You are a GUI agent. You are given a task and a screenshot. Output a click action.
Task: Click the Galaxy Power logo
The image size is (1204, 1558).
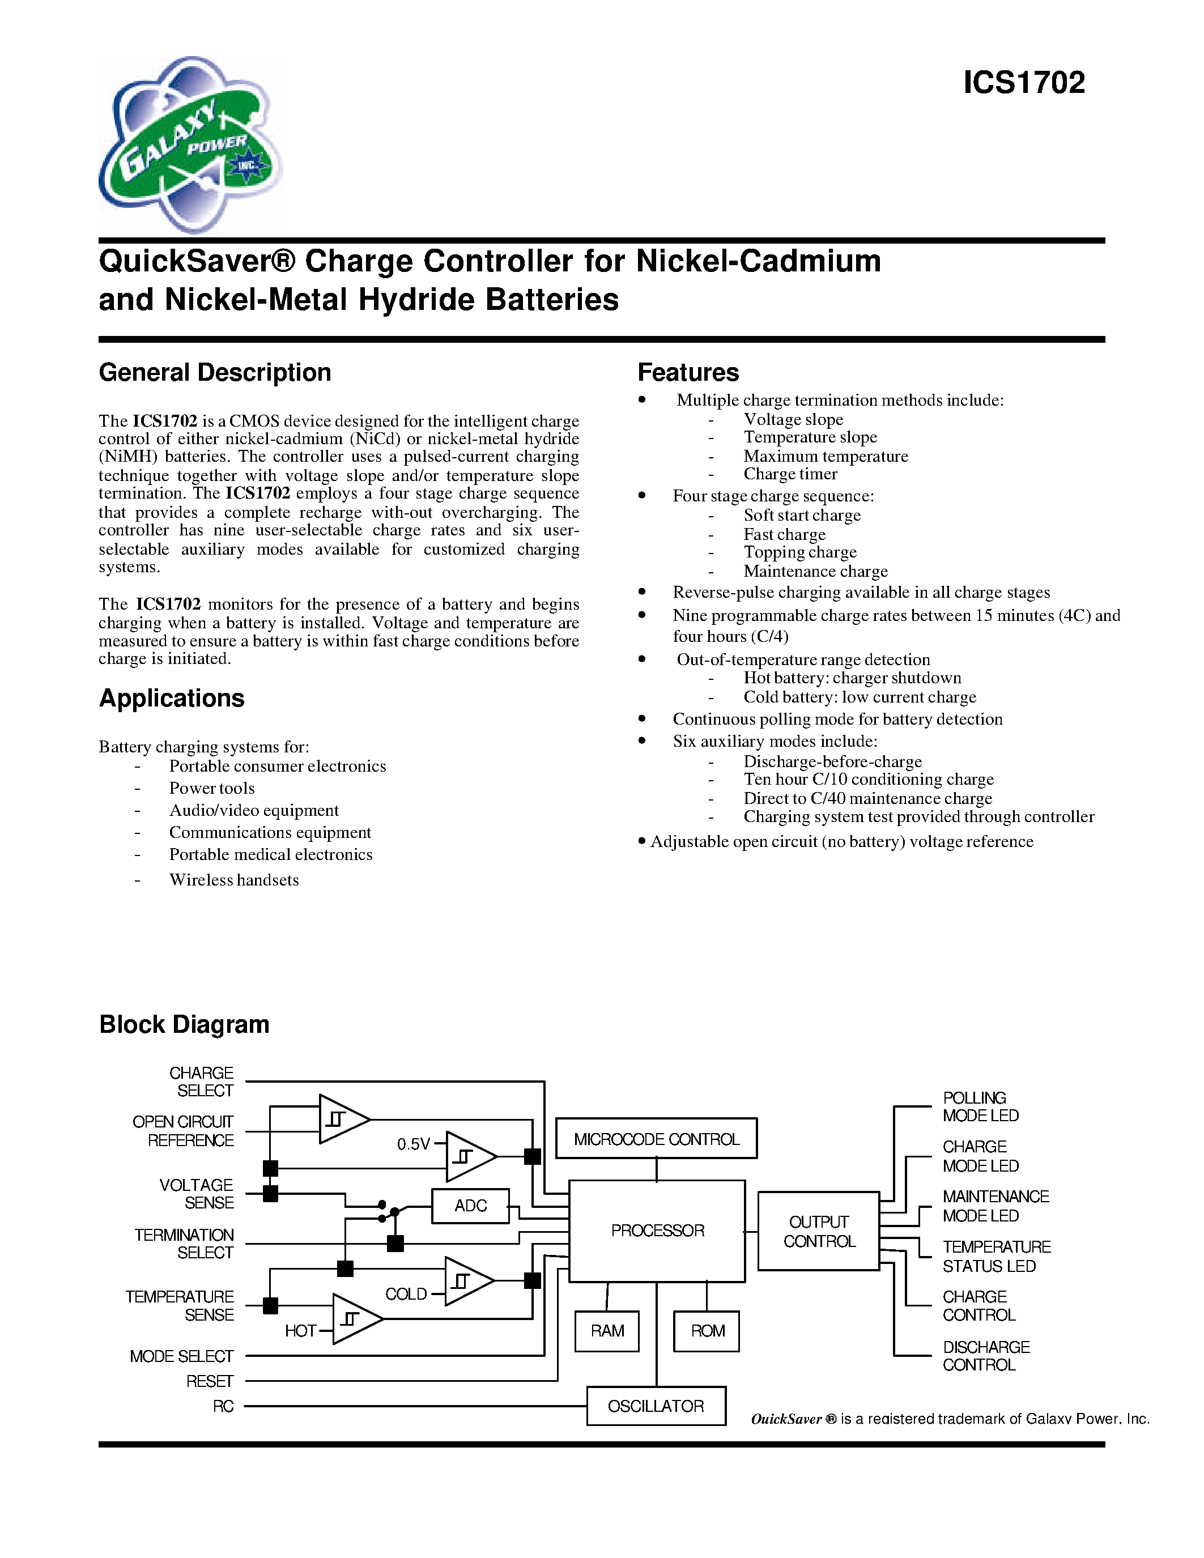(190, 145)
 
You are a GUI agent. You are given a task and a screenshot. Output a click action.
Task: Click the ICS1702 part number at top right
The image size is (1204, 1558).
(1024, 83)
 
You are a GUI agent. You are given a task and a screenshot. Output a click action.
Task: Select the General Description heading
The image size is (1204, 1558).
(215, 372)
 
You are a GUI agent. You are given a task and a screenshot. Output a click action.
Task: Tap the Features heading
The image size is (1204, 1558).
(688, 372)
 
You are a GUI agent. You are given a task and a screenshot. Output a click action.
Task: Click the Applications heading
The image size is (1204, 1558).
(171, 697)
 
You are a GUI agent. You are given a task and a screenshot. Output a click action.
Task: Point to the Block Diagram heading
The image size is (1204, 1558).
(184, 1024)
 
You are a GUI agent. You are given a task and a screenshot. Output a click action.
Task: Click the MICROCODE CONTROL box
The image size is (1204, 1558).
(656, 1139)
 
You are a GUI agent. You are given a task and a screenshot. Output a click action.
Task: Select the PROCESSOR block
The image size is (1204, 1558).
(657, 1231)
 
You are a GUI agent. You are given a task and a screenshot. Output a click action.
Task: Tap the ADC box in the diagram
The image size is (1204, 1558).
(470, 1206)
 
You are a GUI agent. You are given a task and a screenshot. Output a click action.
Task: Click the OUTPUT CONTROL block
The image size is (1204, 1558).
(818, 1231)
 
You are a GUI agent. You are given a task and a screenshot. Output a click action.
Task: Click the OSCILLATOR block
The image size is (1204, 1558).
(656, 1406)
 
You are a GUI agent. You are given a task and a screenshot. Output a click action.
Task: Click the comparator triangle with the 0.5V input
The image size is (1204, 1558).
(468, 1156)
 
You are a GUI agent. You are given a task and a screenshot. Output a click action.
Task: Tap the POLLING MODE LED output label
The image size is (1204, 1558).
(980, 1106)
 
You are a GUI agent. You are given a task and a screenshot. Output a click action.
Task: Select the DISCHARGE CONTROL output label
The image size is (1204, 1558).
(986, 1355)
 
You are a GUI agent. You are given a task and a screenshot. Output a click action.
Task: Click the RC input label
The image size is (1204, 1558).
(223, 1406)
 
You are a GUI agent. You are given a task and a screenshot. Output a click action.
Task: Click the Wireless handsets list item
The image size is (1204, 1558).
(233, 880)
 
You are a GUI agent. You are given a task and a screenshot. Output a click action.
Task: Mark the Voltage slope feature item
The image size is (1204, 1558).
(793, 419)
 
